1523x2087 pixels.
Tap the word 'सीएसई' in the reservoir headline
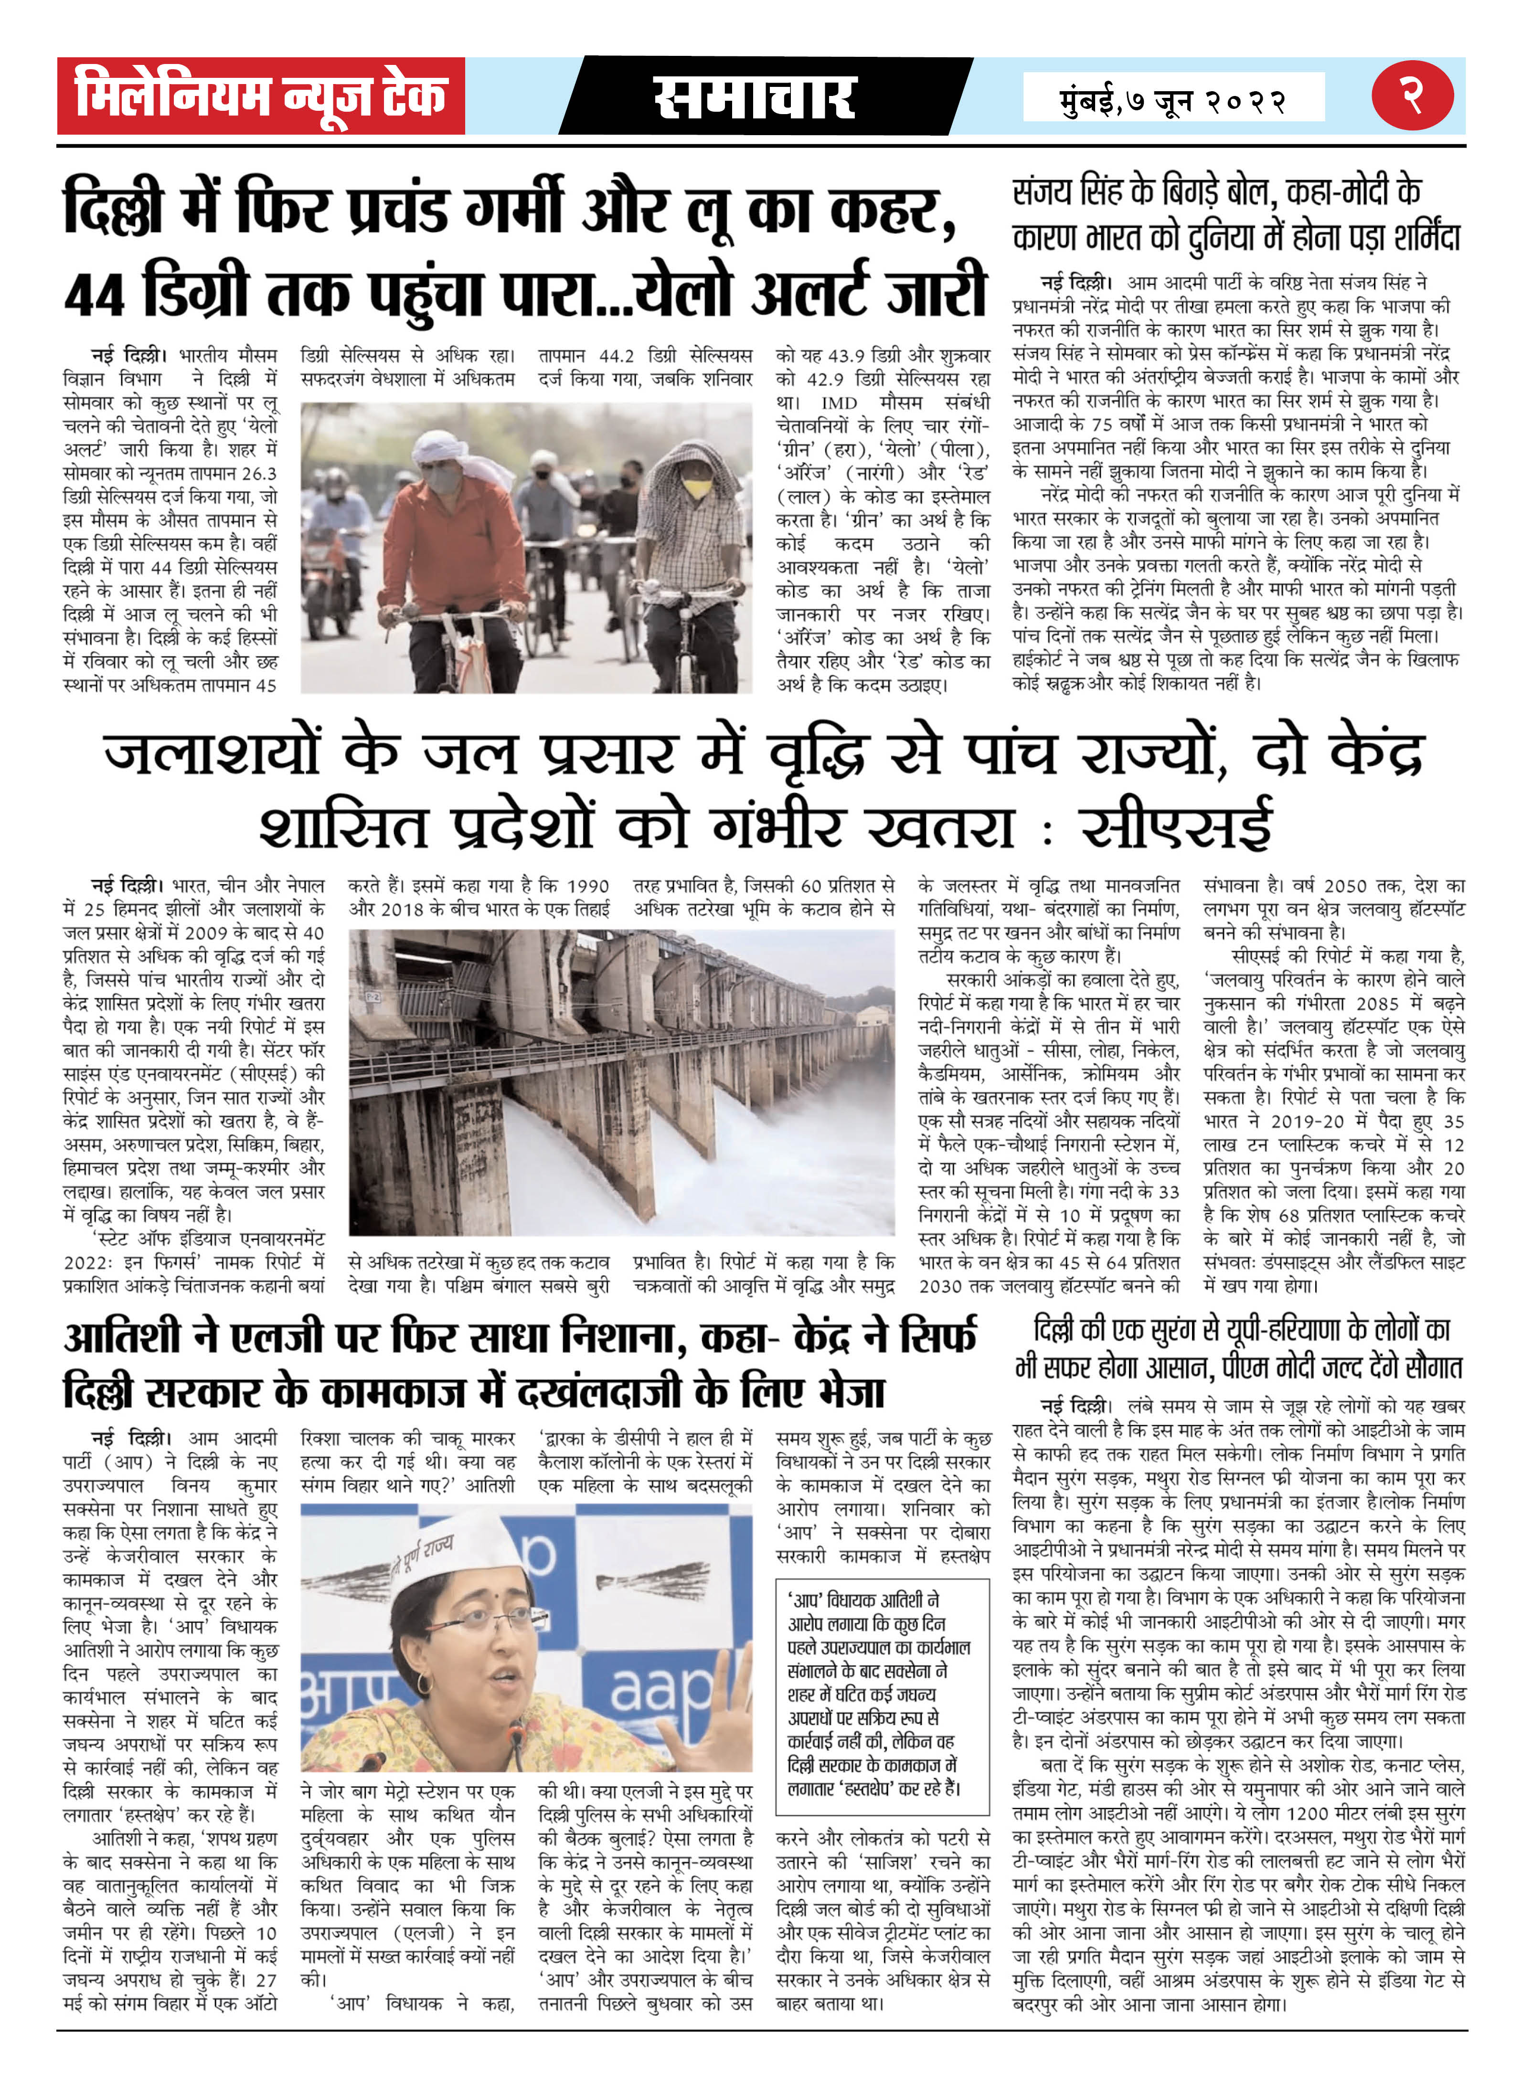[x=1177, y=825]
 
